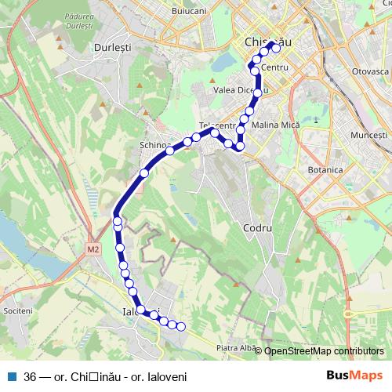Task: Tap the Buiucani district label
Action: click(x=188, y=12)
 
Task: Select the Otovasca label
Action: click(x=371, y=71)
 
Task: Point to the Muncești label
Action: click(x=369, y=136)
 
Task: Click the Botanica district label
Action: click(x=325, y=169)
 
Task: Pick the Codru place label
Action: click(x=257, y=227)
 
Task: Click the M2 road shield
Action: click(x=94, y=250)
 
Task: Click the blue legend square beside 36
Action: click(x=12, y=376)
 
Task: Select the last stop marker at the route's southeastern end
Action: click(x=181, y=327)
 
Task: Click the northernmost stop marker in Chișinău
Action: click(x=276, y=47)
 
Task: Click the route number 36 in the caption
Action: click(x=31, y=376)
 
